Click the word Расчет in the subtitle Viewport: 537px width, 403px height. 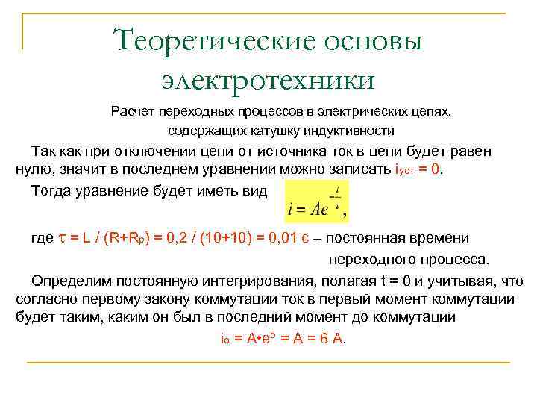(135, 112)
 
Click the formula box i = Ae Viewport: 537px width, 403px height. (316, 201)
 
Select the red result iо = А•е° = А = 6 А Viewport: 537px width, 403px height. (280, 337)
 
